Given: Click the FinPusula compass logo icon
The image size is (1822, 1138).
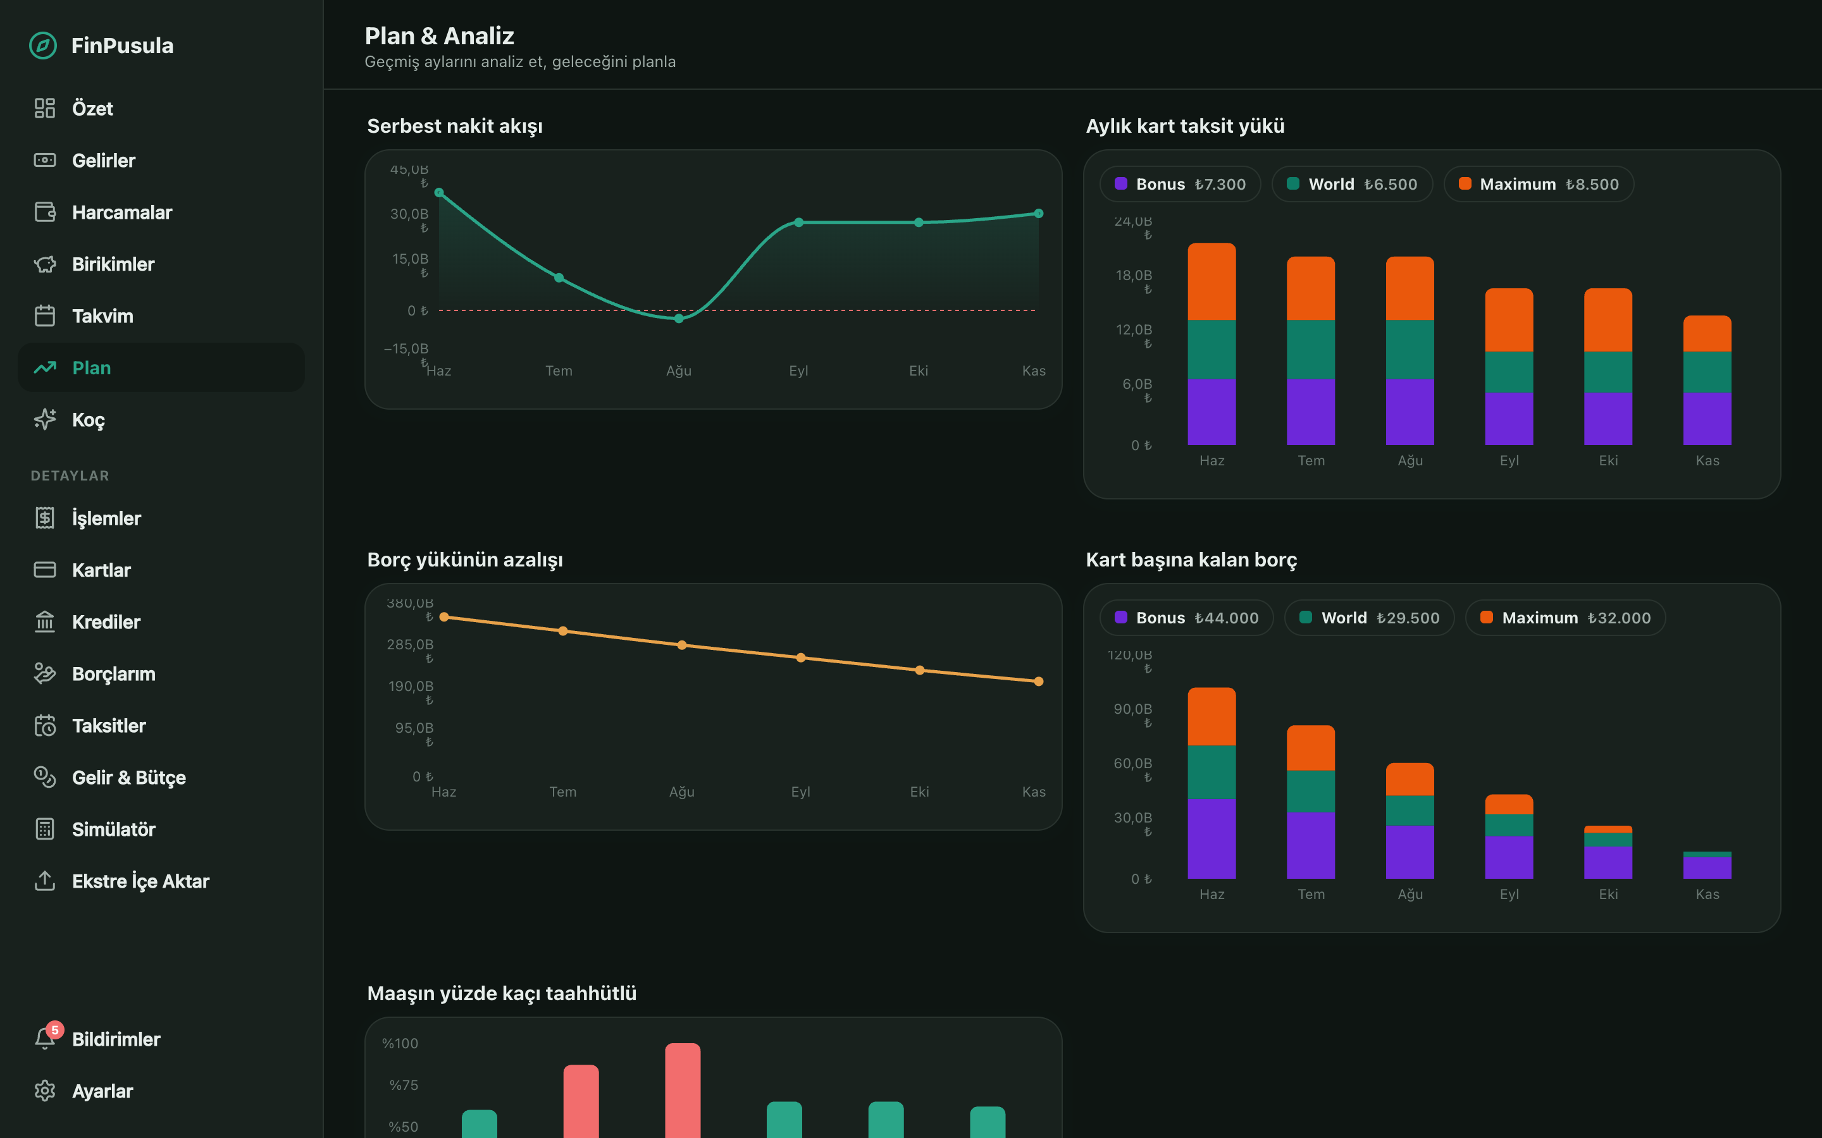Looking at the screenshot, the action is [x=43, y=45].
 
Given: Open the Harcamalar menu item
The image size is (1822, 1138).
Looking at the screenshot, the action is [x=122, y=212].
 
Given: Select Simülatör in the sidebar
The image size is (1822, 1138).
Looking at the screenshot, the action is [x=114, y=829].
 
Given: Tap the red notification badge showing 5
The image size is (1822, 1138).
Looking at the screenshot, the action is [x=55, y=1030].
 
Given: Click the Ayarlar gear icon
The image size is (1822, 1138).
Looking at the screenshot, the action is [x=44, y=1091].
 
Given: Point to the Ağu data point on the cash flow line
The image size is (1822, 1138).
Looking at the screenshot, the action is [x=678, y=319].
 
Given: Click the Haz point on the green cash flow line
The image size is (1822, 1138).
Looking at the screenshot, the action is [x=439, y=193].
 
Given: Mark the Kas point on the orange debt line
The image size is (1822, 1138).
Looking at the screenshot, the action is [x=1038, y=681].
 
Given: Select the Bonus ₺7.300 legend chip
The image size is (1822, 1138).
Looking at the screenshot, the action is [x=1180, y=183].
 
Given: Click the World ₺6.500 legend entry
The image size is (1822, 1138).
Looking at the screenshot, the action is [x=1351, y=183].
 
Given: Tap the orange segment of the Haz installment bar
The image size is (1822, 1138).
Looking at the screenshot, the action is [x=1212, y=281].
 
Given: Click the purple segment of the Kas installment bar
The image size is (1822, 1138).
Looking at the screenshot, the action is [x=1707, y=419].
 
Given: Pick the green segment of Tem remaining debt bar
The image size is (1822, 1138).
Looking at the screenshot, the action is [x=1310, y=791].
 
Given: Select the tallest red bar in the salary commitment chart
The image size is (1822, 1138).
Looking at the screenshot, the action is [x=682, y=1090].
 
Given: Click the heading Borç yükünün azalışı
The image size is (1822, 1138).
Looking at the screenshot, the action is [x=464, y=560].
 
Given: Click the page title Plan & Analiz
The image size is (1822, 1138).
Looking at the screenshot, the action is [x=439, y=35].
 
